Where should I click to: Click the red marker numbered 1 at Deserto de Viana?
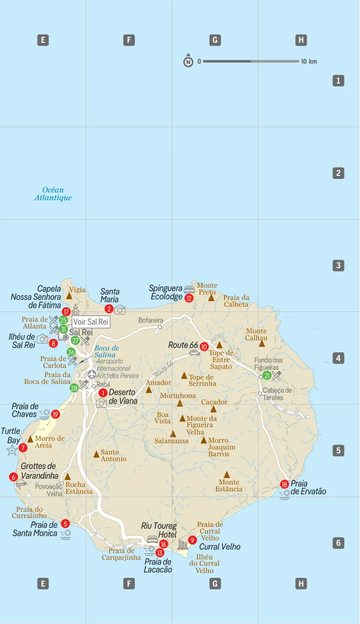103,393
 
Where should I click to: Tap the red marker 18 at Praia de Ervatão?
285,484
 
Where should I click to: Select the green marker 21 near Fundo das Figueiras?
267,376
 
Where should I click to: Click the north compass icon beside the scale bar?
188,62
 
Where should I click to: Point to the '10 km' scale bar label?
309,62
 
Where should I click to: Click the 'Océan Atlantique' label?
53,194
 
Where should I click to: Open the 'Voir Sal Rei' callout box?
91,322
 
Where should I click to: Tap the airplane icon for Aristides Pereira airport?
92,375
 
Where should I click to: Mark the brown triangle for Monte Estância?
227,475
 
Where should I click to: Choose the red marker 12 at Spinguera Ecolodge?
189,298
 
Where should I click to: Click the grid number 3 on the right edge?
338,265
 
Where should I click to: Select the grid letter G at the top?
215,40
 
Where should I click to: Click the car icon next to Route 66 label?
194,353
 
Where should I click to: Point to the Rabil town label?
103,384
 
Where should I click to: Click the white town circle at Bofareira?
160,327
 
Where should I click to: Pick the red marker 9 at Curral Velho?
193,540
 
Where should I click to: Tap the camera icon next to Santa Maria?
120,310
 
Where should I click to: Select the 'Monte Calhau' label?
256,334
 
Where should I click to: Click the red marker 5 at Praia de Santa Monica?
66,523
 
